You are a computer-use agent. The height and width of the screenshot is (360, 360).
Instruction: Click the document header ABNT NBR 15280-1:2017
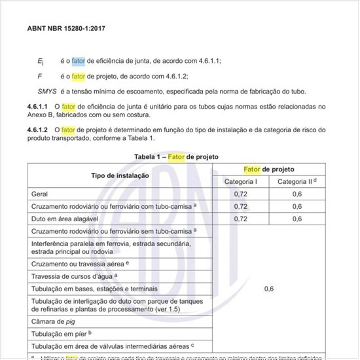65,29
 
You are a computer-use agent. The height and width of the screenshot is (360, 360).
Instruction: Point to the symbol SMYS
47,91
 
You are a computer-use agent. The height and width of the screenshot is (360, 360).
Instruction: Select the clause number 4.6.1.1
39,106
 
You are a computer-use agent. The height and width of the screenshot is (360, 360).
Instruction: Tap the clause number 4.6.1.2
39,130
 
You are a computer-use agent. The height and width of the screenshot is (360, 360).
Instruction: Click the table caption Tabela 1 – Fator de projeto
176,157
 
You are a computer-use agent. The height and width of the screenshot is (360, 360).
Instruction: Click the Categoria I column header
241,181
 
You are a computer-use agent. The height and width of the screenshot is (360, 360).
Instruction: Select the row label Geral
40,194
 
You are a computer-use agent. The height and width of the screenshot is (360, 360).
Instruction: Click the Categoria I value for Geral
241,194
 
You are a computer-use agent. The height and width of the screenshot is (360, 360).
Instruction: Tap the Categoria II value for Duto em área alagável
297,219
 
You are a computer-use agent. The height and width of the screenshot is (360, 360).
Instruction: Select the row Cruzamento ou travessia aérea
80,263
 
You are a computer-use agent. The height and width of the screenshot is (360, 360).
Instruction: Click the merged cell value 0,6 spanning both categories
269,288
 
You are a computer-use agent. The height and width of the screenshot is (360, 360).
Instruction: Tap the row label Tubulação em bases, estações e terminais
94,289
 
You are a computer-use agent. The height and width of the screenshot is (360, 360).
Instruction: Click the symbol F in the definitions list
40,76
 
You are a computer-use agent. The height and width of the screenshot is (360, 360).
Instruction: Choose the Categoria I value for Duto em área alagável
241,219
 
